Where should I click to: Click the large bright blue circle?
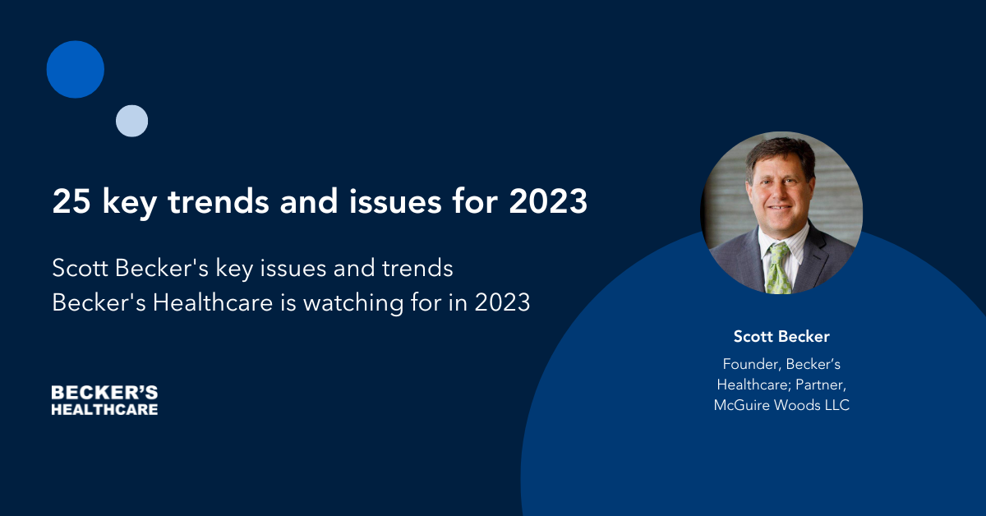(x=76, y=69)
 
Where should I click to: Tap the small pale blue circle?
(x=131, y=121)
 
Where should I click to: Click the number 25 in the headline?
(x=71, y=201)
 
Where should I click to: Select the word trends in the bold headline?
(x=219, y=201)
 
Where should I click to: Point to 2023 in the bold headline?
(x=548, y=201)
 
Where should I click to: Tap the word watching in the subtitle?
(x=353, y=302)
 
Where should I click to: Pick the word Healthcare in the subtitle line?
(x=213, y=302)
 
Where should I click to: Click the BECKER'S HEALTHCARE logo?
(x=104, y=400)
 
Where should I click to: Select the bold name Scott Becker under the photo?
(x=781, y=336)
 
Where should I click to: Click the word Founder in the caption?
(x=751, y=364)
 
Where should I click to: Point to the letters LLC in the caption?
(x=837, y=405)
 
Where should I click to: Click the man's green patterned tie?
(x=778, y=269)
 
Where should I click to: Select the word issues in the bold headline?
(x=395, y=201)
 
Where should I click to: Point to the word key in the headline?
(x=130, y=202)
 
